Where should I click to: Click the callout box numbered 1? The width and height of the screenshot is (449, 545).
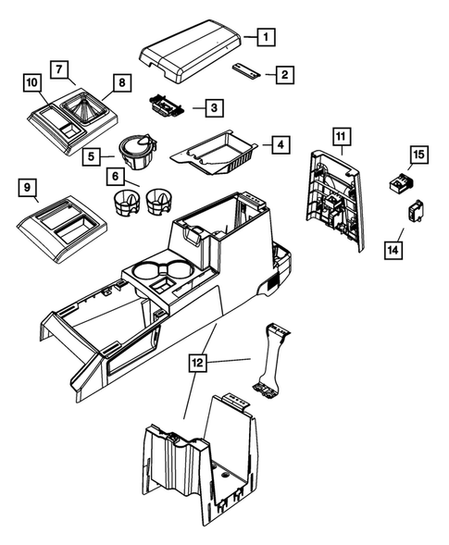[266, 38]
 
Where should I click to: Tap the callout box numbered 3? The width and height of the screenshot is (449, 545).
[213, 108]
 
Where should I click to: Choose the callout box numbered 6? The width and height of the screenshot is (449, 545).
[115, 176]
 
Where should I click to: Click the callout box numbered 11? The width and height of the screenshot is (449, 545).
[341, 137]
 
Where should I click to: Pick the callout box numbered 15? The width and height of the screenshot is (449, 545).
[418, 155]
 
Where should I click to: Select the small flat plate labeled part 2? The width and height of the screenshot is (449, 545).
[246, 69]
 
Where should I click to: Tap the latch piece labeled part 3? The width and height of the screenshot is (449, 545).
[168, 108]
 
